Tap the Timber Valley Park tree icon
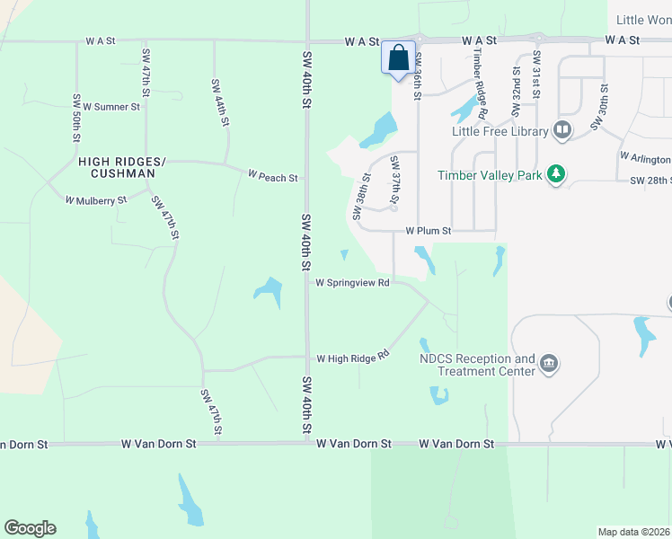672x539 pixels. pyautogui.click(x=556, y=174)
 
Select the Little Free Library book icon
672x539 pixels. pyautogui.click(x=562, y=131)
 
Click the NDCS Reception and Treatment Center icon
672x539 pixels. pyautogui.click(x=549, y=364)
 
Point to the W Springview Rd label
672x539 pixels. pyautogui.click(x=352, y=282)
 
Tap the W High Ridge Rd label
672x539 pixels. pyautogui.click(x=352, y=358)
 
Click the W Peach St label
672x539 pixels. pyautogui.click(x=273, y=178)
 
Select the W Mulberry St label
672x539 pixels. pyautogui.click(x=95, y=200)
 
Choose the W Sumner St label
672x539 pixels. pyautogui.click(x=111, y=106)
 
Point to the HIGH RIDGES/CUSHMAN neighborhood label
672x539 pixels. pyautogui.click(x=122, y=167)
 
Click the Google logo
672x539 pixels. pyautogui.click(x=30, y=528)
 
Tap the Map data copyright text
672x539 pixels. pyautogui.click(x=634, y=532)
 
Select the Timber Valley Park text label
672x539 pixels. pyautogui.click(x=490, y=175)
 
